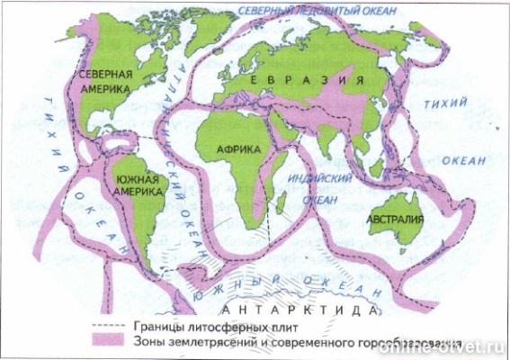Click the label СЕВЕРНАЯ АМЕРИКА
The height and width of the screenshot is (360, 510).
105,81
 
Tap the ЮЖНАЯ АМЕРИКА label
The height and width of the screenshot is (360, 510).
139,184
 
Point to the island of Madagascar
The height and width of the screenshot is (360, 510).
280,203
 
